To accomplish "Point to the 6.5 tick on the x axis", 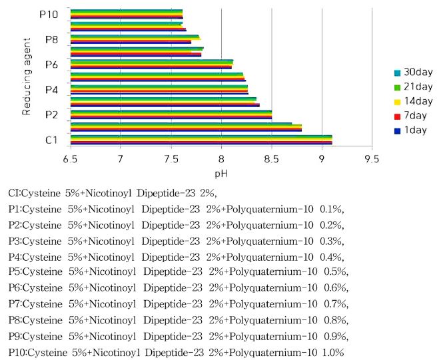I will [x=70, y=160].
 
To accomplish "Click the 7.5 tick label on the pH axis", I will [x=170, y=160].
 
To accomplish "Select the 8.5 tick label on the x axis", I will [x=271, y=160].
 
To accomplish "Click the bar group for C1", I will [x=201, y=139].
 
